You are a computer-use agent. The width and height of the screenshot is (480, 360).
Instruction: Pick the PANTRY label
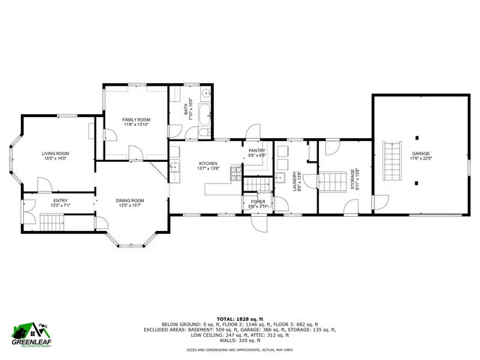coord(257,151)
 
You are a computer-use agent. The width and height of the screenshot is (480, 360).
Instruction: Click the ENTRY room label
coord(60,200)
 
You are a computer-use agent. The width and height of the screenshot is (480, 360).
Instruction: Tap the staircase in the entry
coord(52,222)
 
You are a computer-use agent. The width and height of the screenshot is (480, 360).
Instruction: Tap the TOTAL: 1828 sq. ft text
coord(240,318)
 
